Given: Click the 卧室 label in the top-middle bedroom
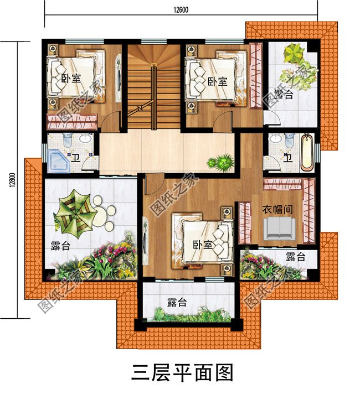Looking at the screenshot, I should click(x=218, y=81).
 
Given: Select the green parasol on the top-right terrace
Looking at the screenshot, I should click(x=293, y=55).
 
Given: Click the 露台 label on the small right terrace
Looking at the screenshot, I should click(x=296, y=257).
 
